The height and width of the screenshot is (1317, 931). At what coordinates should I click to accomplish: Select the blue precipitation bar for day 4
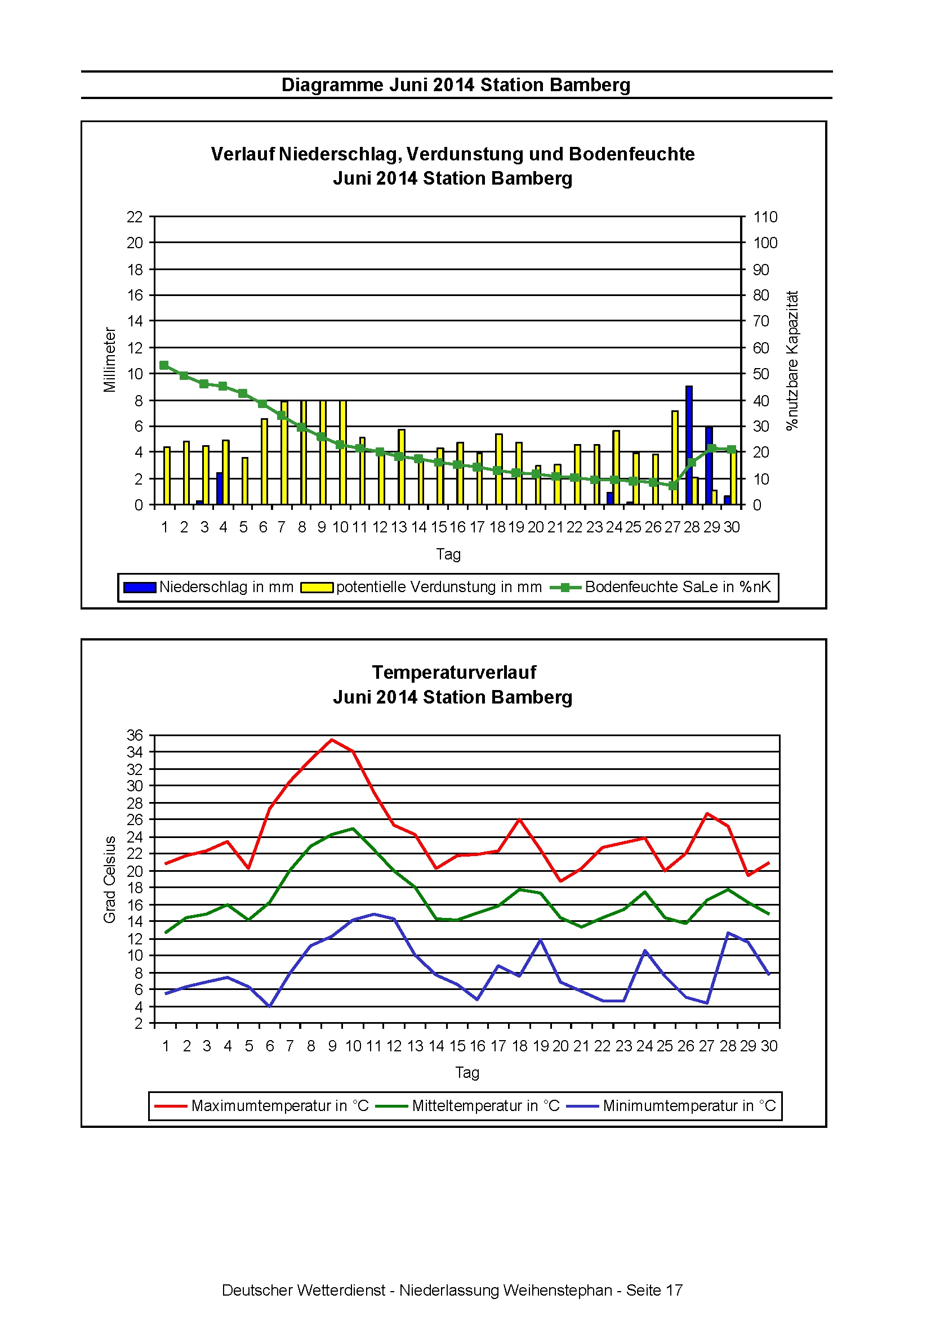(x=219, y=489)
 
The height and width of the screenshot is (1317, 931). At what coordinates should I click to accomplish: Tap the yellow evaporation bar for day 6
(x=265, y=462)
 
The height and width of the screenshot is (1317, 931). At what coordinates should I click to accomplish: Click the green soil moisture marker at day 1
(x=164, y=365)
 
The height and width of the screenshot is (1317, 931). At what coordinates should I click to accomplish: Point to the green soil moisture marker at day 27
(x=672, y=485)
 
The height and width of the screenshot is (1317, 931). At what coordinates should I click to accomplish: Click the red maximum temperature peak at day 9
(x=332, y=740)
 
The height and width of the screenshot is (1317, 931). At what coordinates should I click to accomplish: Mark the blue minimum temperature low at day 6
(x=269, y=1006)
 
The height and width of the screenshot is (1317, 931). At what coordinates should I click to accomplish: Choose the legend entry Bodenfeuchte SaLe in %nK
(x=660, y=588)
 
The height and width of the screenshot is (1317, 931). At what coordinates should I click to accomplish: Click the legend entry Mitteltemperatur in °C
(x=468, y=1106)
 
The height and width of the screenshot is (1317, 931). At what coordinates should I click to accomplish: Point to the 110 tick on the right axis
(x=765, y=217)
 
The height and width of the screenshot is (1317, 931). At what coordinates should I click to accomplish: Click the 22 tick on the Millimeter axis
(x=135, y=217)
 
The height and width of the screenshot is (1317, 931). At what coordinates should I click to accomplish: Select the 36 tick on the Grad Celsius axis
(x=135, y=736)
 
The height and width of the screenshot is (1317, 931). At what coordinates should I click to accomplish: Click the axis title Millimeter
(x=110, y=360)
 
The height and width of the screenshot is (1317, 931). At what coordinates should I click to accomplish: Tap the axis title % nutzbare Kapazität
(x=792, y=360)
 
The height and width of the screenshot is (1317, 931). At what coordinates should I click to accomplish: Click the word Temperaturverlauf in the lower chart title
(x=453, y=672)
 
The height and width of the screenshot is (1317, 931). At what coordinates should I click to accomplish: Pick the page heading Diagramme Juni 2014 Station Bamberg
(x=456, y=85)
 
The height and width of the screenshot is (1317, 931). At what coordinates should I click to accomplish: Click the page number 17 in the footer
(x=674, y=1290)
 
